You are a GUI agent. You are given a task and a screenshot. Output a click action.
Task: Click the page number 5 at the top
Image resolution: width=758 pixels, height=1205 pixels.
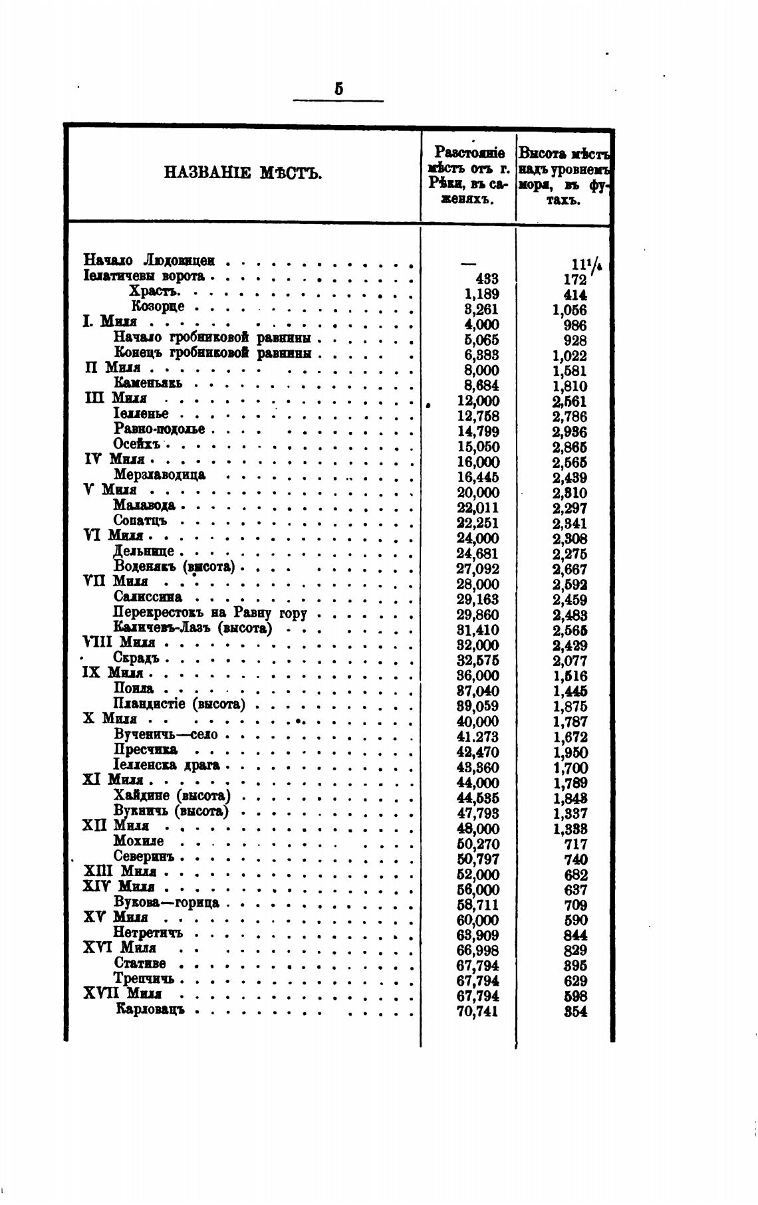tap(338, 89)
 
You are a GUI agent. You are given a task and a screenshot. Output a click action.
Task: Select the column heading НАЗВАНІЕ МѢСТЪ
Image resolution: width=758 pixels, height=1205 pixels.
tap(243, 174)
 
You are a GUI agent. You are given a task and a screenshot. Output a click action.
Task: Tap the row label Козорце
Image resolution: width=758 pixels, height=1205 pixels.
tap(158, 306)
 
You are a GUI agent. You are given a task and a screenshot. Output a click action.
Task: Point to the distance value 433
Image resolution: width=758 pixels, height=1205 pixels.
tap(487, 279)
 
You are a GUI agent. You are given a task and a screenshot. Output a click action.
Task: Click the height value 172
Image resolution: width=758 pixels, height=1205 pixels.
tap(574, 280)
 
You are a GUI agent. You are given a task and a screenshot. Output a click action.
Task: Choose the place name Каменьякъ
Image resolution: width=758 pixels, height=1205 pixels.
tap(148, 383)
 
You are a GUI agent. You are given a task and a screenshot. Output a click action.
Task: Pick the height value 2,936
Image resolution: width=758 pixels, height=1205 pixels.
tap(569, 432)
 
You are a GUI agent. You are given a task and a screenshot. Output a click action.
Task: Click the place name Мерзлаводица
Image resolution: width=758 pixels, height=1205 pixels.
tap(160, 475)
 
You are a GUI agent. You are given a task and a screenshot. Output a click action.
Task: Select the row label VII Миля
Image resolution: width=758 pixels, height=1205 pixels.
tap(116, 582)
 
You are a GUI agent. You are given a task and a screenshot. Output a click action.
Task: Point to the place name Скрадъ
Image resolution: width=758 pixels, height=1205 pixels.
tap(136, 658)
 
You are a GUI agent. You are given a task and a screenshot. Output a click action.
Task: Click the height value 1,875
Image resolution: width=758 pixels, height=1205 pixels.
tap(569, 707)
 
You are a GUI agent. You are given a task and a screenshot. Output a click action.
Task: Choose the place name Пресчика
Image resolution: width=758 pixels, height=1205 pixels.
tap(146, 750)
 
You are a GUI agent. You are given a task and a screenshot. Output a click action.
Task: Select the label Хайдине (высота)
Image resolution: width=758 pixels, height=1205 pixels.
tap(172, 796)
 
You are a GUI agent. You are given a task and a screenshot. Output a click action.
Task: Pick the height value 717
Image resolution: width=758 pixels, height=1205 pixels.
tap(575, 844)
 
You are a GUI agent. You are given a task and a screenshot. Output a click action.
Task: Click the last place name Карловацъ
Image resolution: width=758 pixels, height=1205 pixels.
tap(150, 1010)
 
